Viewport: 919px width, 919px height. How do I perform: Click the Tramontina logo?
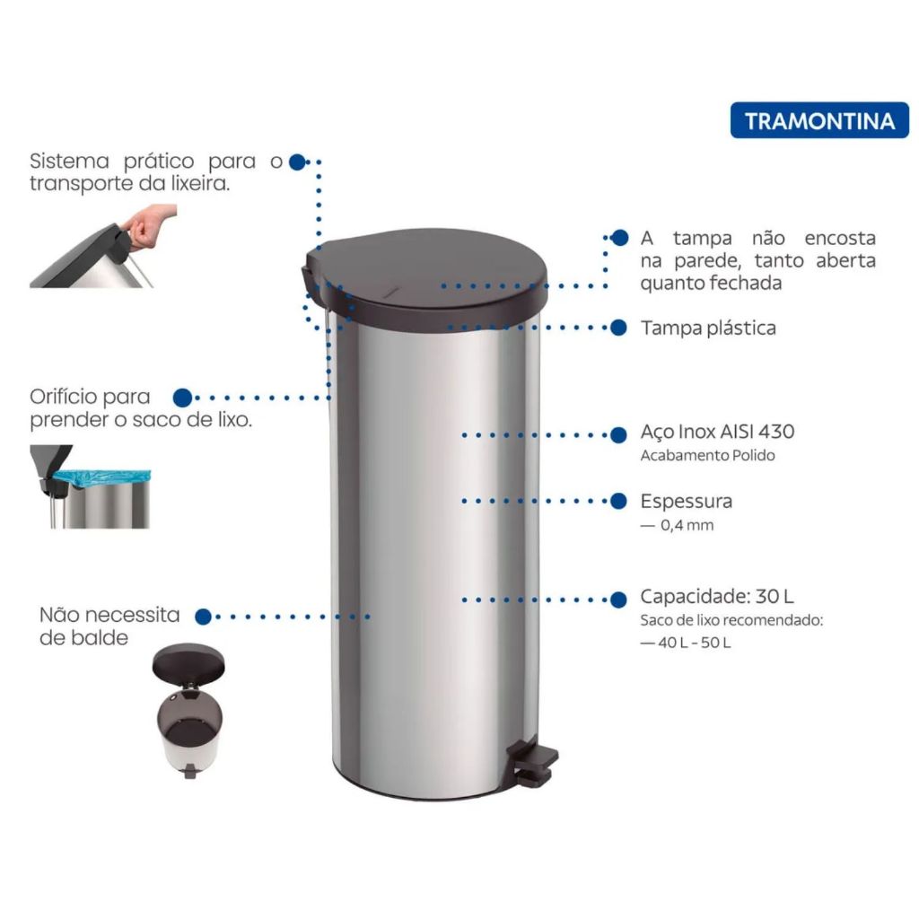[x=819, y=121]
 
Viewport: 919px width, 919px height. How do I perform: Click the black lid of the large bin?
[x=426, y=275]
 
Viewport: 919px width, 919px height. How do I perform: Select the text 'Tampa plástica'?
[x=708, y=328]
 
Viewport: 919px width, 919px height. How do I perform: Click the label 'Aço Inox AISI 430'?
[x=717, y=432]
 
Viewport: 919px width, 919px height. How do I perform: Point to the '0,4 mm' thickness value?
[x=687, y=525]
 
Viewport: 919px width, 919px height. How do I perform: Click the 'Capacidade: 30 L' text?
[x=717, y=596]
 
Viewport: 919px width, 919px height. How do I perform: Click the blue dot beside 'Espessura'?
[x=618, y=501]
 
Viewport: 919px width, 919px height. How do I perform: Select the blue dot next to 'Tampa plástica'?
[x=618, y=328]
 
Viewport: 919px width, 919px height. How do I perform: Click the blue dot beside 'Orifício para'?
[x=183, y=398]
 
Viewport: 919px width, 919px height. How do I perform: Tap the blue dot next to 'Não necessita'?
[x=204, y=617]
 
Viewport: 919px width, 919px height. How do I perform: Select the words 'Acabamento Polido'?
[x=707, y=455]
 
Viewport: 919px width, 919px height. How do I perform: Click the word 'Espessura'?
[x=687, y=501]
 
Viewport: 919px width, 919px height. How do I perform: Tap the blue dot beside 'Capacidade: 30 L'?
[x=618, y=600]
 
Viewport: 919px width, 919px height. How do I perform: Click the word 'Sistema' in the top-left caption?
[x=69, y=161]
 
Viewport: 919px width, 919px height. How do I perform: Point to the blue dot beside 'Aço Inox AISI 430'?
[x=618, y=435]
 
